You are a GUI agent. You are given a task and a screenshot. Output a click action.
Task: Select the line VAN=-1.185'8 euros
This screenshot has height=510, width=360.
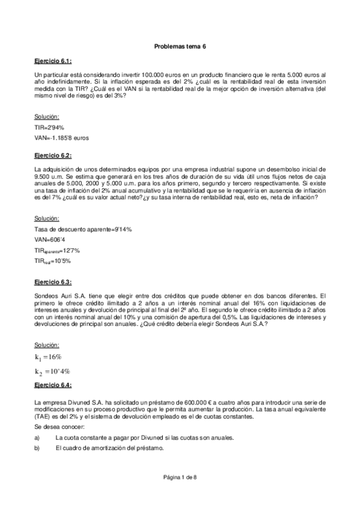click(62, 138)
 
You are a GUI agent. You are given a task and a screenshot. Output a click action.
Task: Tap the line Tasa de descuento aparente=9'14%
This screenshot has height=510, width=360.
click(83, 230)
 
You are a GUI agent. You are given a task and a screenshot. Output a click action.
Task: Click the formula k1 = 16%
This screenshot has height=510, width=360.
click(52, 357)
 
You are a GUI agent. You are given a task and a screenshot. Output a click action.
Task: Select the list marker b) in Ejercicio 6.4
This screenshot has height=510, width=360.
click(38, 448)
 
